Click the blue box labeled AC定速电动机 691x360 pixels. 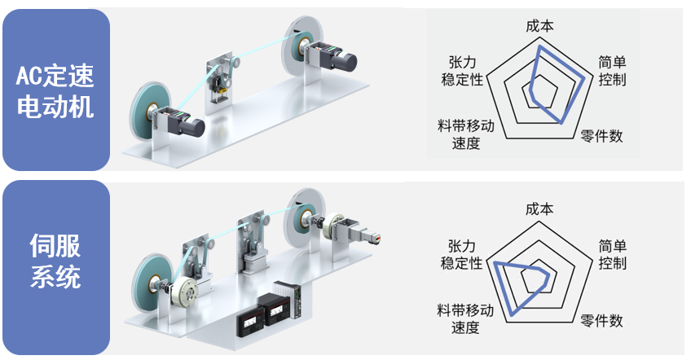point(55,90)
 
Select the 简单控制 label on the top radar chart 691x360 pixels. point(611,71)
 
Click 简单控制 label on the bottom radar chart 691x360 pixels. point(611,254)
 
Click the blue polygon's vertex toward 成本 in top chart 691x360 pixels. point(538,46)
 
